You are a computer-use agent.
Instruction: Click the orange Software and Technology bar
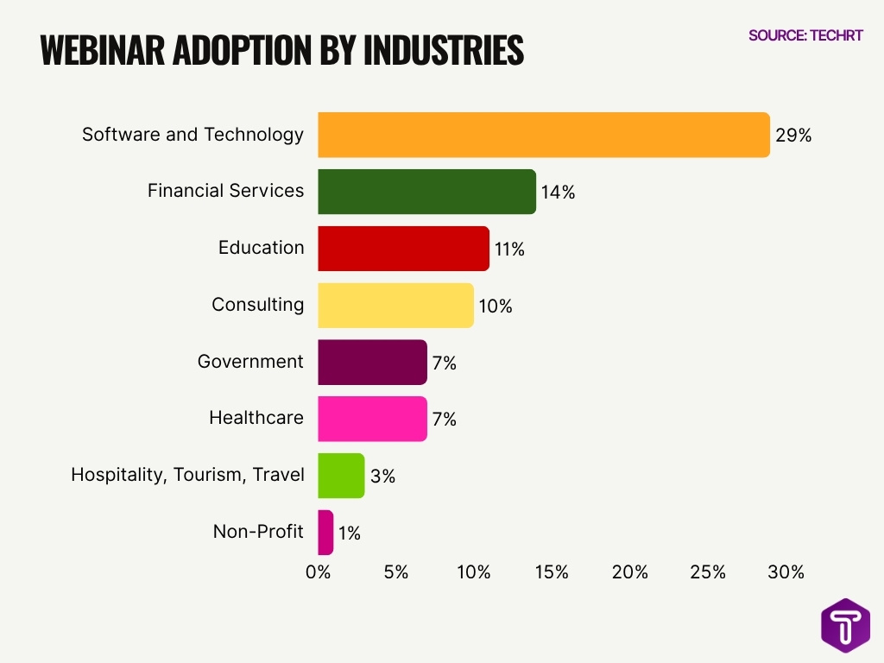(544, 136)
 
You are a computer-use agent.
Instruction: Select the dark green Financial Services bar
(426, 192)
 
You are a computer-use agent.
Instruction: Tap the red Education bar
(403, 249)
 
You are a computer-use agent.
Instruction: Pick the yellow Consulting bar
(395, 306)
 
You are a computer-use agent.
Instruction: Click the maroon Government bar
(372, 363)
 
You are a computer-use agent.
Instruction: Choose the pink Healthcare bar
(372, 419)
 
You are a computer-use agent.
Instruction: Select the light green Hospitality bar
(341, 476)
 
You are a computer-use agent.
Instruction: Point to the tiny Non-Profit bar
(325, 533)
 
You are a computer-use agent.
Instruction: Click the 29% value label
(793, 136)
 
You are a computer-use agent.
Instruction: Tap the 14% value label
(558, 193)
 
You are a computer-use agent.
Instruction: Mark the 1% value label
(349, 534)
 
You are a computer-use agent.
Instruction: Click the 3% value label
(382, 477)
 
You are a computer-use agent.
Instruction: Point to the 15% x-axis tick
(552, 572)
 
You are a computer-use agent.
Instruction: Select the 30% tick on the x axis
(786, 572)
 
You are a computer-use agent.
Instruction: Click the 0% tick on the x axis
(319, 572)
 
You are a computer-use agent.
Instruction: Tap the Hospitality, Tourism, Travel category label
(187, 475)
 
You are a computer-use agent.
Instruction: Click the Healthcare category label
(256, 418)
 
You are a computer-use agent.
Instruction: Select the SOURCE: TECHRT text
(805, 36)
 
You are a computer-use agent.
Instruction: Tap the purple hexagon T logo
(845, 625)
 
